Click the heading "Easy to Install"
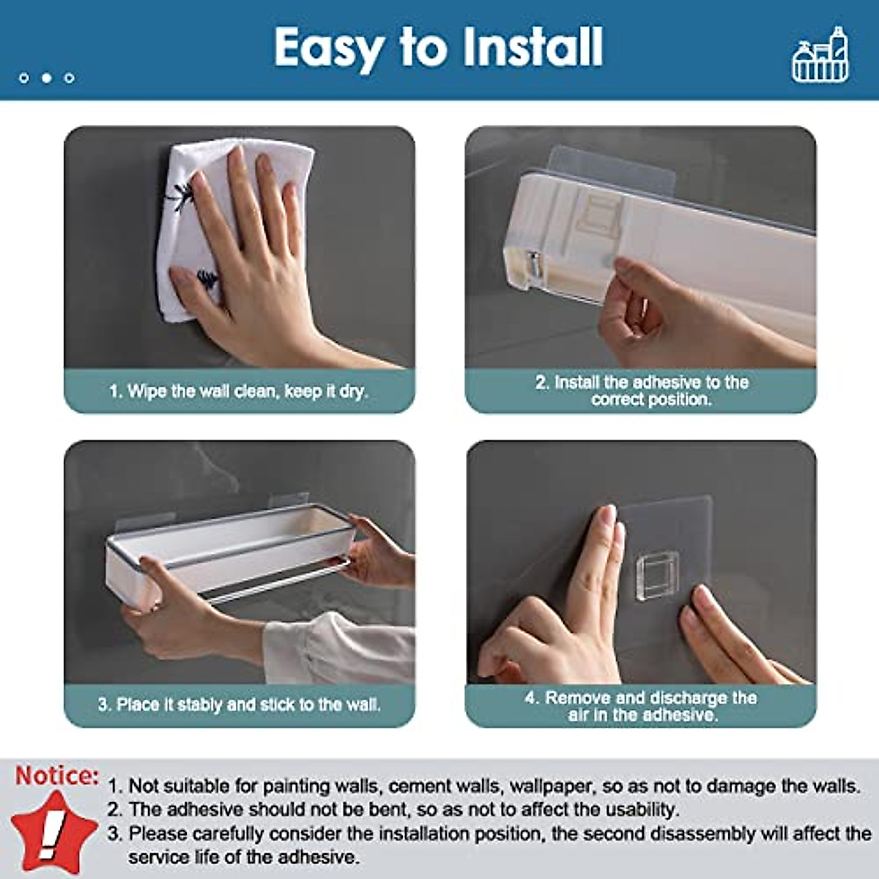438,48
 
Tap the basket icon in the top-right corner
820,56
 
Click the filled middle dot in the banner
46,78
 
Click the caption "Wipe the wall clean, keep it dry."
239,391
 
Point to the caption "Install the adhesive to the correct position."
641,390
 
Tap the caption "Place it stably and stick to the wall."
239,705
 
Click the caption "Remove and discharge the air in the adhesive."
641,706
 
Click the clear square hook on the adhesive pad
656,576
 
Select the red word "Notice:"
57,776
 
